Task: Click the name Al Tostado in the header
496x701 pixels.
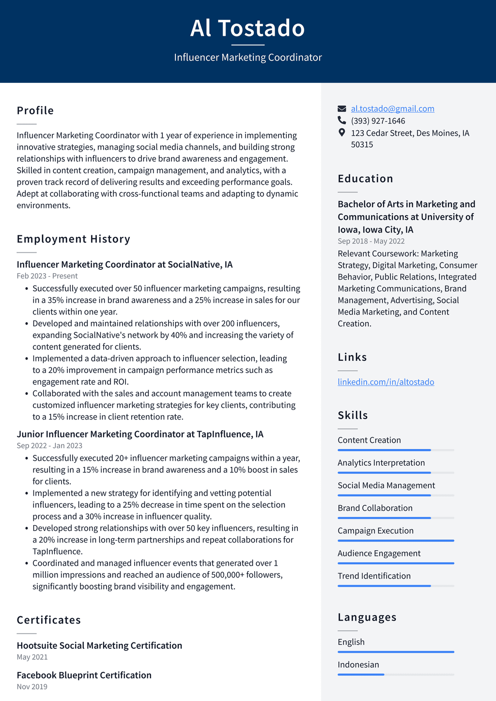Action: point(248,28)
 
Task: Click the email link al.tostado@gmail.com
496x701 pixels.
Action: point(392,109)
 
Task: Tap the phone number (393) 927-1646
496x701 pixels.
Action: point(378,121)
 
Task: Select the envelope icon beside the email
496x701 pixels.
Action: point(342,109)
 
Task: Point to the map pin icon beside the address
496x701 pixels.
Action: point(342,133)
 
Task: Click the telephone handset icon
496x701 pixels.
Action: point(342,121)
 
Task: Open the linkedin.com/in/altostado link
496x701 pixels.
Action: point(386,382)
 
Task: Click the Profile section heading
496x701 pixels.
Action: point(35,110)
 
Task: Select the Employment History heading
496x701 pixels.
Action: point(74,239)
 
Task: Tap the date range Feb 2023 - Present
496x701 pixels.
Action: point(47,276)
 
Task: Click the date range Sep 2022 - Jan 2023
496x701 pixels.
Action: point(49,446)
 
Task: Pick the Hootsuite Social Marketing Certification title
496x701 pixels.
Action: point(99,645)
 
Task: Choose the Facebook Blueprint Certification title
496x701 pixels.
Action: point(84,675)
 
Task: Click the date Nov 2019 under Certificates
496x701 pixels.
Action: point(32,686)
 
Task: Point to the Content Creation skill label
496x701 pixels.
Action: point(369,440)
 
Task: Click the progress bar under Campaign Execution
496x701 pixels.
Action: point(396,541)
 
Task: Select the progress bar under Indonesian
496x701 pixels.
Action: point(396,674)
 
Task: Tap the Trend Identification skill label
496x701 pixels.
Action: point(374,576)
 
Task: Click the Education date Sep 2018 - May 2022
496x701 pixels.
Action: point(371,241)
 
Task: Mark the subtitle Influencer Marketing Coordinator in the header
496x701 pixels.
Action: point(248,57)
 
